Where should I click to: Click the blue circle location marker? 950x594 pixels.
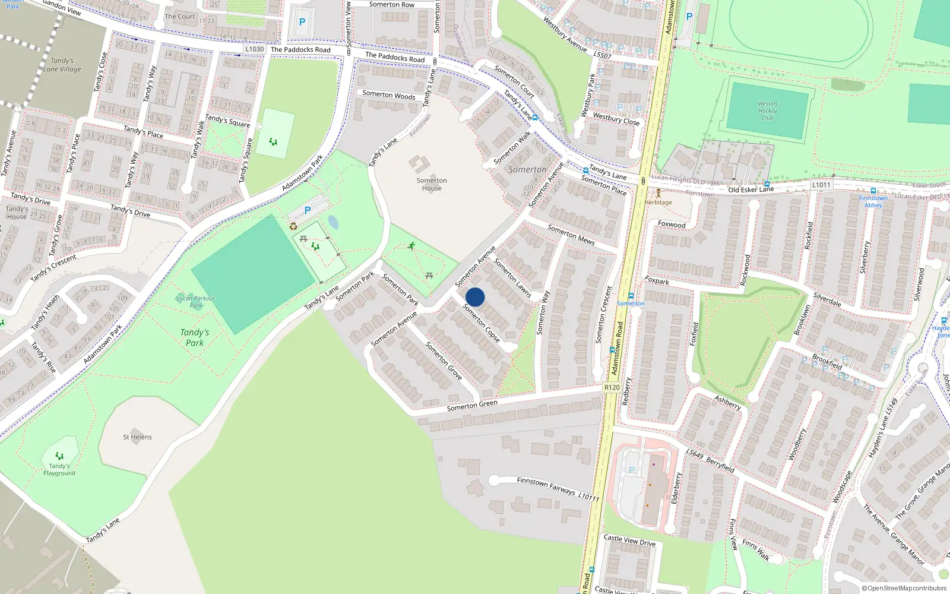point(475,297)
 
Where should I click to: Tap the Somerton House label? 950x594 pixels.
point(432,184)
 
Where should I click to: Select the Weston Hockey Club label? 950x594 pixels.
point(767,110)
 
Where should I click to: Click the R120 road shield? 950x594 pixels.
point(612,387)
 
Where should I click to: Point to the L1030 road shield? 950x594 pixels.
point(254,49)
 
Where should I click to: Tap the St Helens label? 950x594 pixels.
point(137,437)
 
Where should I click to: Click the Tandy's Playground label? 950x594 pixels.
point(59,469)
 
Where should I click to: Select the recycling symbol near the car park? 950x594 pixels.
point(293,226)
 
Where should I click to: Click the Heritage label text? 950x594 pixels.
point(658,202)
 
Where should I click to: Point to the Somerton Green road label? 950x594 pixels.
point(472,406)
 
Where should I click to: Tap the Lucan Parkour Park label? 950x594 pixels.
point(195,302)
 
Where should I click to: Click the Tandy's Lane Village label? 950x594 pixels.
point(62,65)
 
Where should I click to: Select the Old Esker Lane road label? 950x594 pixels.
point(751,189)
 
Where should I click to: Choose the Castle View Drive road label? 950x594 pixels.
point(629,541)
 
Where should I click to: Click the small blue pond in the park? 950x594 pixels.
point(333,222)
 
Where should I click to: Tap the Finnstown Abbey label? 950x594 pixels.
point(873,201)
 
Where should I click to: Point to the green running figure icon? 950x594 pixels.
point(411,245)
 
